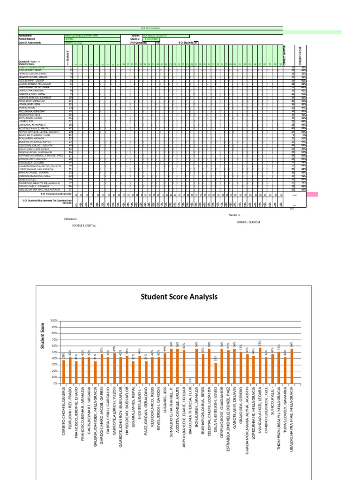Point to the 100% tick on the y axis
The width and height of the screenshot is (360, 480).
pyautogui.click(x=53, y=320)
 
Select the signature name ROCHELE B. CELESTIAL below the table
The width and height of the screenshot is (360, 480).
pyautogui.click(x=84, y=225)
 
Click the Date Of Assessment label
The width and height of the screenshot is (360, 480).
pyautogui.click(x=30, y=43)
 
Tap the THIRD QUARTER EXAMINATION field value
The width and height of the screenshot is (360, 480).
pyautogui.click(x=81, y=36)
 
